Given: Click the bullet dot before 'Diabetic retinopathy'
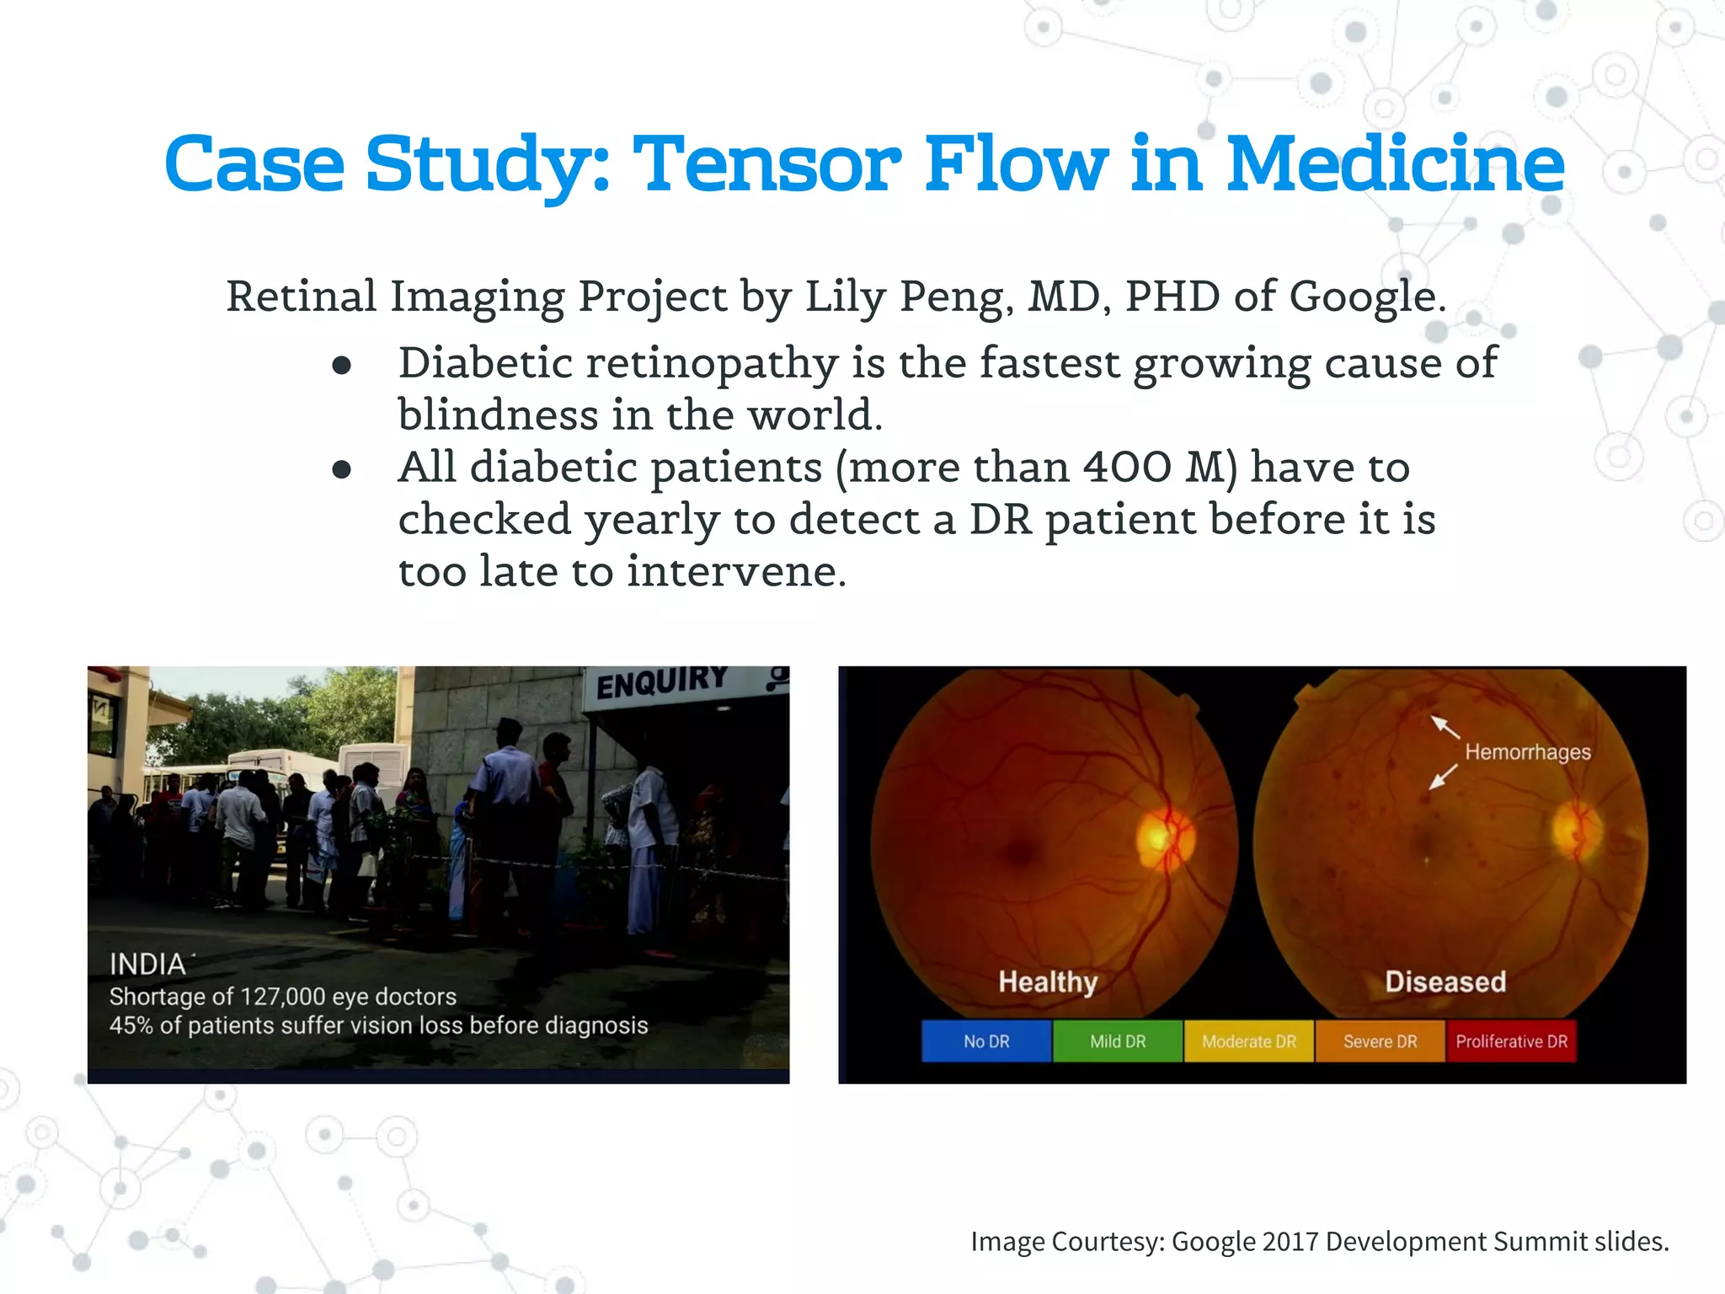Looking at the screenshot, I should pos(341,365).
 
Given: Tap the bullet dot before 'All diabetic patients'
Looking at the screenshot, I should pos(341,469).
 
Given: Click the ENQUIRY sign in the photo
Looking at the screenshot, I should pos(662,683).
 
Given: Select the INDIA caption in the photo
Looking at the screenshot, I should pos(147,965).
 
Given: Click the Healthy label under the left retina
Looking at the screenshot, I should pos(1048,982).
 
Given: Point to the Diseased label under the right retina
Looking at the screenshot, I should pos(1445,982).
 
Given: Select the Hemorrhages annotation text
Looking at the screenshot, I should pos(1527,751).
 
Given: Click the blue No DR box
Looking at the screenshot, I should pos(986,1041).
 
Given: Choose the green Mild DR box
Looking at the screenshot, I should pos(1118,1041).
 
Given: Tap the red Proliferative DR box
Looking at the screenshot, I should pos(1511,1041).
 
